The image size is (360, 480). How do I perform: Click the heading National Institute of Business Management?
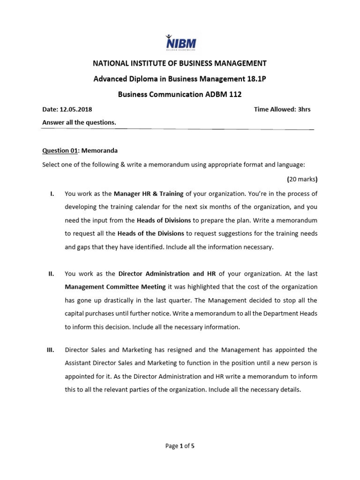click(180, 63)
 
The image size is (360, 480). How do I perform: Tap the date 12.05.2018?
click(76, 110)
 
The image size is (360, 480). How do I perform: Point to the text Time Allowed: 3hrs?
click(282, 110)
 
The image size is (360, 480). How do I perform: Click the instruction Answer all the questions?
click(79, 122)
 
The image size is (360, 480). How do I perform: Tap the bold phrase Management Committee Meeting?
click(115, 286)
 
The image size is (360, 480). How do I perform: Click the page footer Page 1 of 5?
click(180, 446)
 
